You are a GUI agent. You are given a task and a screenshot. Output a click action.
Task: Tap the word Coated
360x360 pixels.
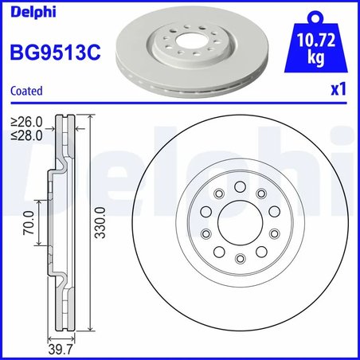[x=26, y=91]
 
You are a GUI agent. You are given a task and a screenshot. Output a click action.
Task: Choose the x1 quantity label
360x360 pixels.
[x=337, y=91]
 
